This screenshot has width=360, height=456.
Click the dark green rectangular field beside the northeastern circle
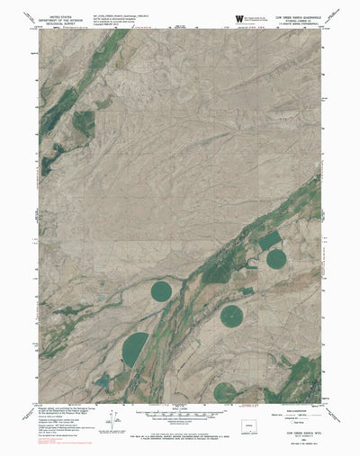[269, 240]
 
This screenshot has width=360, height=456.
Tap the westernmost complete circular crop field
[161, 291]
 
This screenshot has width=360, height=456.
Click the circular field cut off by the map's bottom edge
[226, 392]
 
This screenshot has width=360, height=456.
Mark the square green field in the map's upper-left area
[83, 123]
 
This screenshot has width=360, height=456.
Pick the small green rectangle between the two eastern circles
[247, 291]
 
